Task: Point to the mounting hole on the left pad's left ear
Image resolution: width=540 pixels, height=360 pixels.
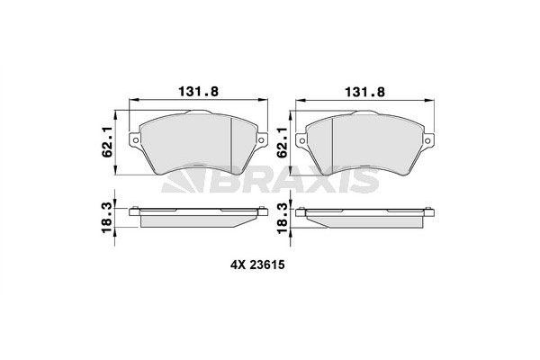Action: (135, 139)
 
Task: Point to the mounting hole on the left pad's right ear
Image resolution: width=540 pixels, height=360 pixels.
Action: (260, 139)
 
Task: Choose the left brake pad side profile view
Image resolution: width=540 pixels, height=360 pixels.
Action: (197, 216)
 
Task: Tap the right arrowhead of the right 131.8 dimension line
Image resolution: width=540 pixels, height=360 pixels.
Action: (428, 100)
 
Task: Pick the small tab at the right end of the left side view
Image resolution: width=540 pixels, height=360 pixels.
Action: (261, 211)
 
